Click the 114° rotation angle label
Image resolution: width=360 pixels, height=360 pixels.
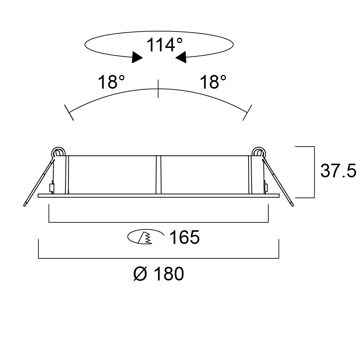pyautogui.click(x=164, y=45)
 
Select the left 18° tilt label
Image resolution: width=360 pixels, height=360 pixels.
pyautogui.click(x=112, y=82)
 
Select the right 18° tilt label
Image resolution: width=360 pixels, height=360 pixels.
pyautogui.click(x=213, y=82)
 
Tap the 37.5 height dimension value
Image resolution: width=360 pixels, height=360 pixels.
pyautogui.click(x=338, y=171)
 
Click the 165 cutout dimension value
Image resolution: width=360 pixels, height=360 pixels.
pyautogui.click(x=184, y=237)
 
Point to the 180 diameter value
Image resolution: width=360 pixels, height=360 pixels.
pyautogui.click(x=169, y=274)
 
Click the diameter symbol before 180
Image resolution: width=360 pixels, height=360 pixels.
pyautogui.click(x=140, y=274)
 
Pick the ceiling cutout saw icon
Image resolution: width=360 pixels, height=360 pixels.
pyautogui.click(x=146, y=236)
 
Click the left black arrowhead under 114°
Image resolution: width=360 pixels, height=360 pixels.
pyautogui.click(x=137, y=57)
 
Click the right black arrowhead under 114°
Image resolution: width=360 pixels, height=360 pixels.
pyautogui.click(x=181, y=57)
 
